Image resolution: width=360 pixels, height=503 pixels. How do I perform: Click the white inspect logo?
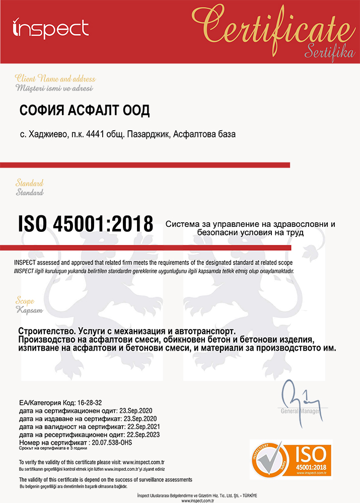pyautogui.click(x=50, y=29)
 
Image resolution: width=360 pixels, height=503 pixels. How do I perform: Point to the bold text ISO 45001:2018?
pyautogui.click(x=86, y=223)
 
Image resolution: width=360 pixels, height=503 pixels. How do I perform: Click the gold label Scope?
pyautogui.click(x=25, y=300)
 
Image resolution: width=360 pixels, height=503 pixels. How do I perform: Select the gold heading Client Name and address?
pyautogui.click(x=55, y=79)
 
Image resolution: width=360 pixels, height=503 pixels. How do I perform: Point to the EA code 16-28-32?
pyautogui.click(x=93, y=403)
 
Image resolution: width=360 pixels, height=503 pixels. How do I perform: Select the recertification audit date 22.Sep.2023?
pyautogui.click(x=143, y=434)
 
